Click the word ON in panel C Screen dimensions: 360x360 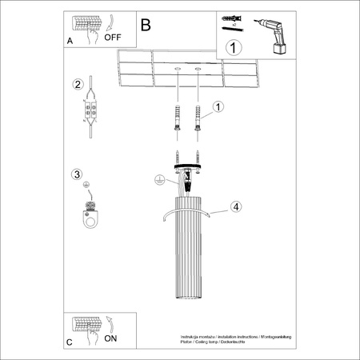tap(110, 338)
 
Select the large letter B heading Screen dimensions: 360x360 tap(146, 25)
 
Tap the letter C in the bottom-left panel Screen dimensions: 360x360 tap(70, 342)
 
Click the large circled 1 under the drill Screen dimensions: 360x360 tap(234, 47)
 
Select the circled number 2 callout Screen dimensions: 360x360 tap(78, 85)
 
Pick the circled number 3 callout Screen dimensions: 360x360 tap(77, 174)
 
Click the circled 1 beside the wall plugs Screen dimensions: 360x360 tap(218, 106)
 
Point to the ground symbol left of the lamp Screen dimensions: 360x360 tap(159, 181)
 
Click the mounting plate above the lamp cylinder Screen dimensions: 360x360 tap(185, 165)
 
